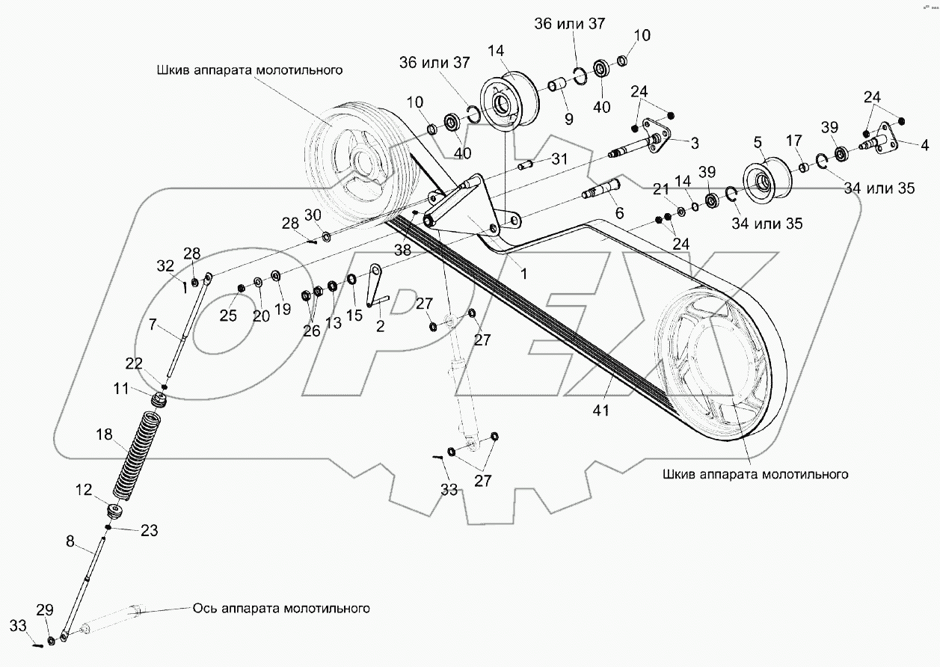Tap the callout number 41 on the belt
tap(602, 410)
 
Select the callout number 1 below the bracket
tap(523, 274)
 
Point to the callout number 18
tap(104, 434)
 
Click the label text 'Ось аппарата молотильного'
tap(281, 608)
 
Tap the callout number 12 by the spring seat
tap(83, 490)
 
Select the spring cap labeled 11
tap(159, 401)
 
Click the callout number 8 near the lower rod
tap(70, 542)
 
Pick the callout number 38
tap(402, 251)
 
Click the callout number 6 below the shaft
tap(618, 213)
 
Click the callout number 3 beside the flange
tap(694, 141)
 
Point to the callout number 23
tap(149, 531)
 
